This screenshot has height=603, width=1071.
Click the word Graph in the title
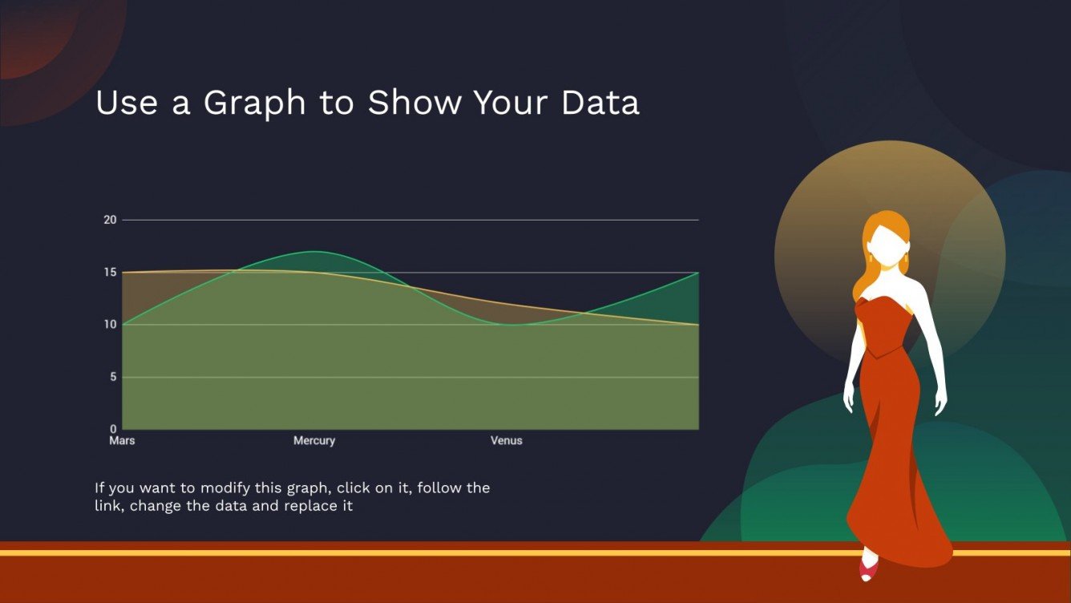(254, 103)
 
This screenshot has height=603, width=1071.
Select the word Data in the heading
(600, 103)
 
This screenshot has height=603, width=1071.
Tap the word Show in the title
(414, 103)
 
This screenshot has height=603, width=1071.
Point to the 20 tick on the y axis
(110, 220)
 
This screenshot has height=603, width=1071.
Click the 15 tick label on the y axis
(110, 273)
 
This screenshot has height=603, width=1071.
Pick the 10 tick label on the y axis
(110, 325)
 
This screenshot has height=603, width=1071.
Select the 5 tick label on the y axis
(113, 377)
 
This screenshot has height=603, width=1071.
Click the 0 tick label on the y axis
(113, 429)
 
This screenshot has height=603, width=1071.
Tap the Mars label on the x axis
(122, 440)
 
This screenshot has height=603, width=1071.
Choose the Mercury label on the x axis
(314, 441)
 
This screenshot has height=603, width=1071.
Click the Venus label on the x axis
(507, 440)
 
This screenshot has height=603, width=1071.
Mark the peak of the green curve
(314, 252)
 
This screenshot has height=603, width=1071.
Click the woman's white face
(887, 247)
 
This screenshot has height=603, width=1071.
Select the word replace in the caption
(305, 507)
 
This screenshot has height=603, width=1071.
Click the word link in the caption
(104, 506)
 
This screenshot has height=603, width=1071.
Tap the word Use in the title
(127, 103)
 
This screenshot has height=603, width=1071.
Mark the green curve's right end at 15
(698, 273)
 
